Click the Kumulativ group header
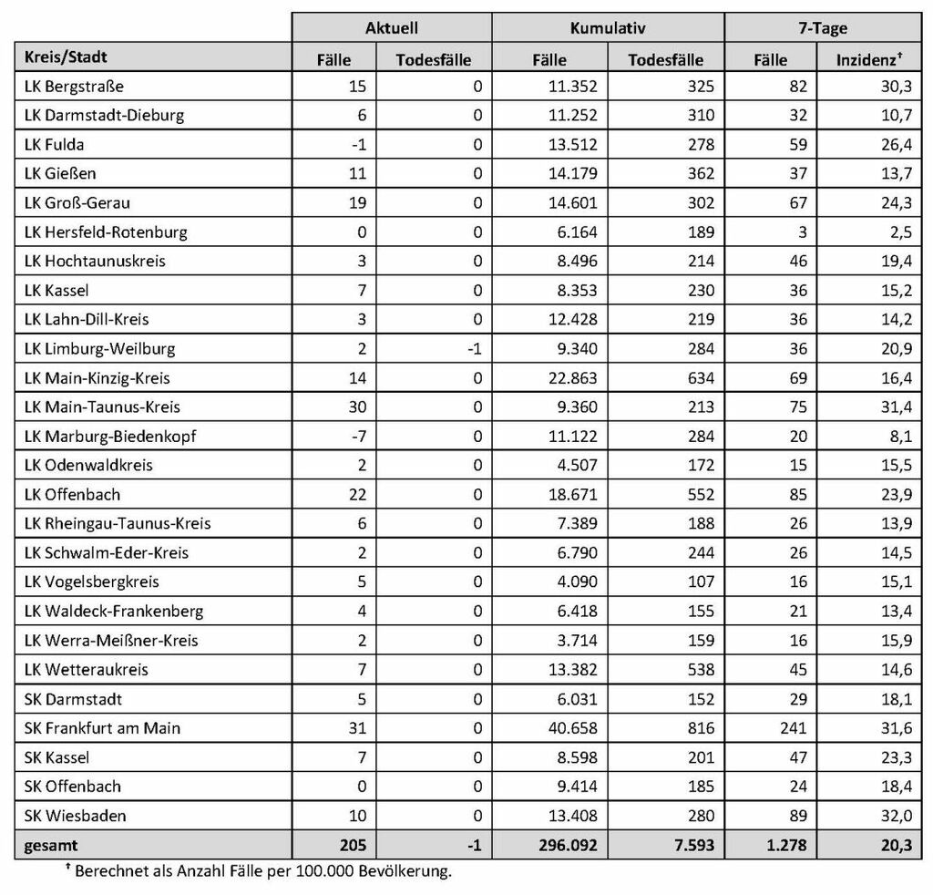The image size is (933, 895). pos(608,28)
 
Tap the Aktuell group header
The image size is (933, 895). pos(391,28)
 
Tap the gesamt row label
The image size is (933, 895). pos(46,845)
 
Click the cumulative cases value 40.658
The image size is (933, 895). pos(571,728)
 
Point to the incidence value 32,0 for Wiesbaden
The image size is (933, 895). pos(895,816)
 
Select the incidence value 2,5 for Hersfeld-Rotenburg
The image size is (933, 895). pos(900,232)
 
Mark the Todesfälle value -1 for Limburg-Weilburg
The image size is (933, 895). pos(474,349)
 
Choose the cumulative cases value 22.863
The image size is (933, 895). pos(571,378)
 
